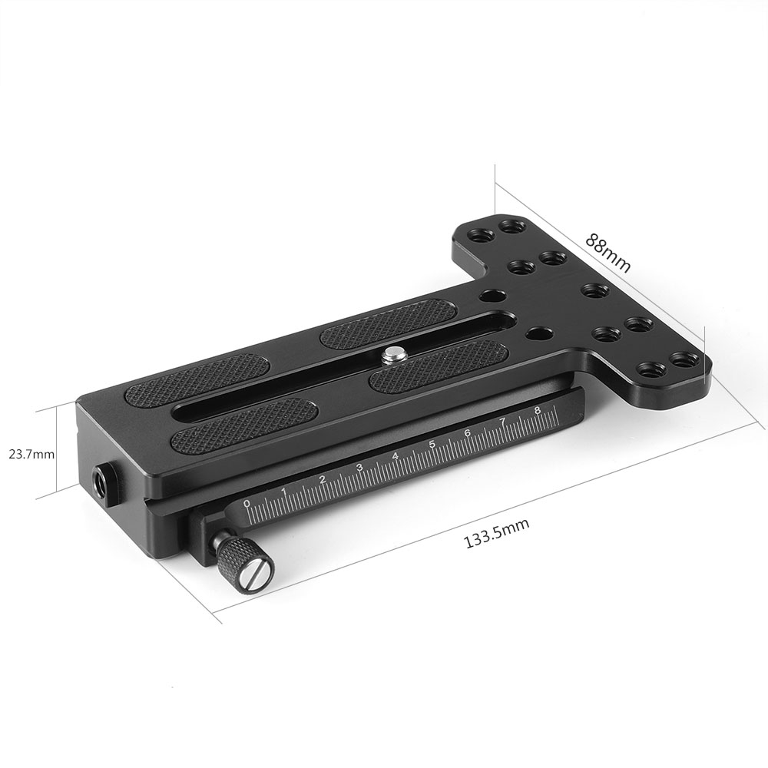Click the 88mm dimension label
607,253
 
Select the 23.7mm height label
31,454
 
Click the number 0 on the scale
247,504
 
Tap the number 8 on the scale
538,411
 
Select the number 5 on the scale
432,445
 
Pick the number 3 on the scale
359,468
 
